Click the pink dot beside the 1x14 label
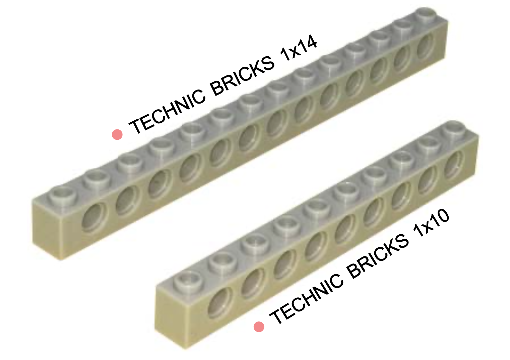tap(117, 134)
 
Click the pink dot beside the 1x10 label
tap(259, 327)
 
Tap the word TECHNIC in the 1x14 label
tap(167, 111)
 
